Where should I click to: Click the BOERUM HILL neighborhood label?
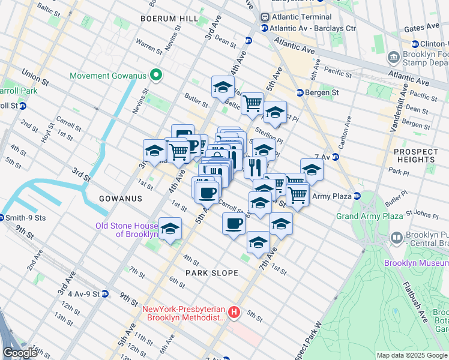[169, 19]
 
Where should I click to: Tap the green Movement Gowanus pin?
[156, 76]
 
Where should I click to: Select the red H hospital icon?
[234, 313]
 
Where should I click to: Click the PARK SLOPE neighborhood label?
[211, 273]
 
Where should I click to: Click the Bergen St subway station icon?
[300, 93]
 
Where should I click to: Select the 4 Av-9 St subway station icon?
[105, 294]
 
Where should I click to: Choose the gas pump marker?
[182, 134]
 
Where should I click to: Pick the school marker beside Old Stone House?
[170, 229]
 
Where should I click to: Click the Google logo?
[20, 353]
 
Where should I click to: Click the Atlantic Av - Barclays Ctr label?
[313, 28]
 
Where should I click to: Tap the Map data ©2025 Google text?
[411, 355]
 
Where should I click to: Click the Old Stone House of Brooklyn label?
[126, 230]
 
